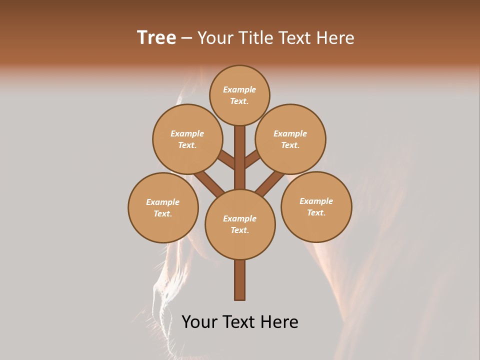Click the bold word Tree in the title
(156, 37)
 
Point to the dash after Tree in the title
(187, 38)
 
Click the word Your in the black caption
(199, 321)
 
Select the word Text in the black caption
(239, 321)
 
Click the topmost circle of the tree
(239, 95)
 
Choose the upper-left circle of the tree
(187, 139)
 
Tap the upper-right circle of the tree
(290, 139)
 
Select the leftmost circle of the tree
(163, 207)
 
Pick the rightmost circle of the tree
(316, 206)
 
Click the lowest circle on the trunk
(240, 224)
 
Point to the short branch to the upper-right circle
(252, 160)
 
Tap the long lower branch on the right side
(270, 183)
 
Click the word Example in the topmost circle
(239, 89)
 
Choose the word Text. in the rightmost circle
(316, 212)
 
